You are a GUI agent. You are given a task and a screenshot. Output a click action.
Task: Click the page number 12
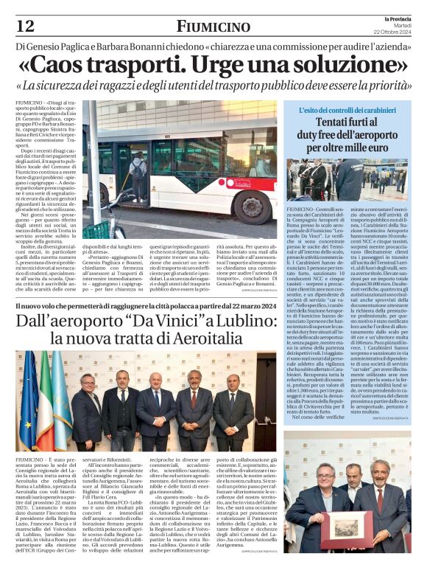click(25, 26)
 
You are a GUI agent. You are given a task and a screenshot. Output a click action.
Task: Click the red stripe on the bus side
click(221, 198)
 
